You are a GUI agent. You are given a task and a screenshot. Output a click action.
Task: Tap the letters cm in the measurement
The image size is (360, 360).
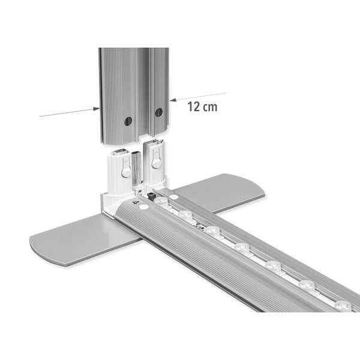coord(210,107)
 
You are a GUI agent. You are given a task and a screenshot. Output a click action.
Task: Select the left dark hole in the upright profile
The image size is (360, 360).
coord(128,121)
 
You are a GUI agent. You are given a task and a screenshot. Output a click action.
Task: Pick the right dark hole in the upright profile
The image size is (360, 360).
coord(159,112)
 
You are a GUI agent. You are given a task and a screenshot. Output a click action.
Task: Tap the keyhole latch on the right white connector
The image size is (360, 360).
coord(156,160)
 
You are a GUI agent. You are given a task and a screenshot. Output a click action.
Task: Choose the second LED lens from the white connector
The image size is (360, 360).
coord(211,229)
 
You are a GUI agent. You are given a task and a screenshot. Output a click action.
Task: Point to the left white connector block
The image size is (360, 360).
coord(123,174)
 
